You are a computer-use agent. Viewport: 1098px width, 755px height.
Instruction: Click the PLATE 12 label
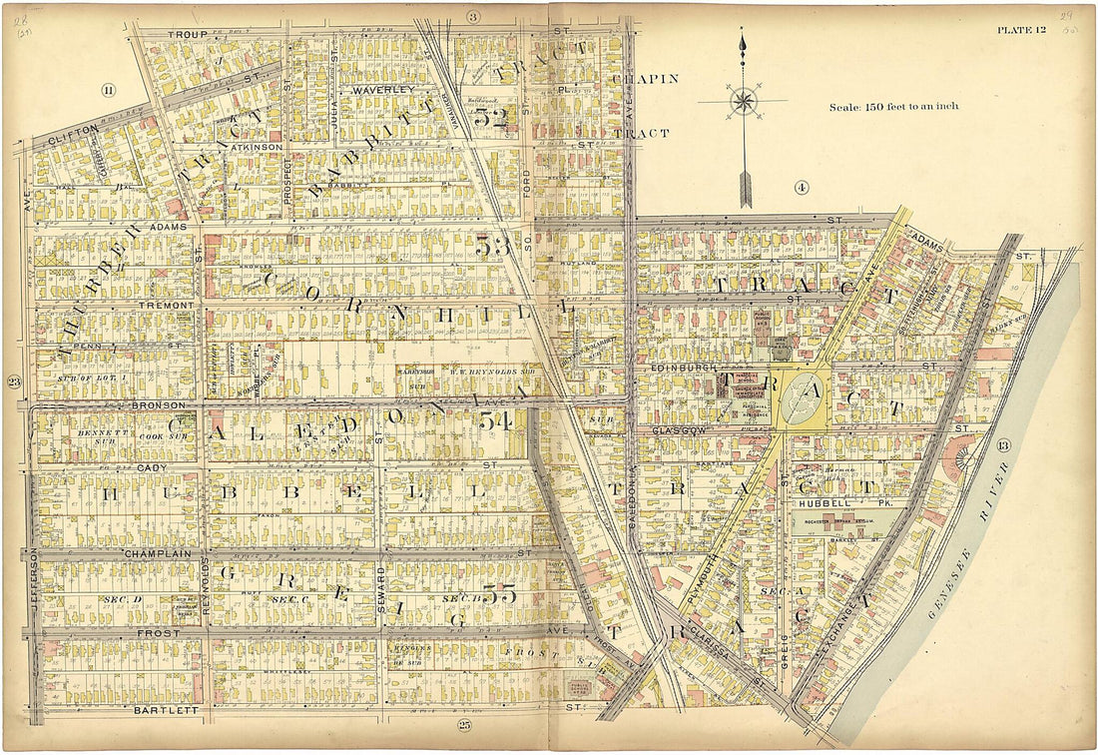pyautogui.click(x=1021, y=29)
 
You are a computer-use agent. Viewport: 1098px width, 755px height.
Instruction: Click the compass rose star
pyautogui.click(x=743, y=101)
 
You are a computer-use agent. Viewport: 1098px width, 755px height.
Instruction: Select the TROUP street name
pyautogui.click(x=187, y=34)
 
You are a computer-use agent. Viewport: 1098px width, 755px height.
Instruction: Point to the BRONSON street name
pyautogui.click(x=158, y=405)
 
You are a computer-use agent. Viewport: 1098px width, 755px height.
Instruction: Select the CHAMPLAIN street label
pyautogui.click(x=151, y=552)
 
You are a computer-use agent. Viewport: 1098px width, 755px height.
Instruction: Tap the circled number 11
pyautogui.click(x=107, y=91)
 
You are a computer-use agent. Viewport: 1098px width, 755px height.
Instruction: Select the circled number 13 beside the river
pyautogui.click(x=1003, y=444)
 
